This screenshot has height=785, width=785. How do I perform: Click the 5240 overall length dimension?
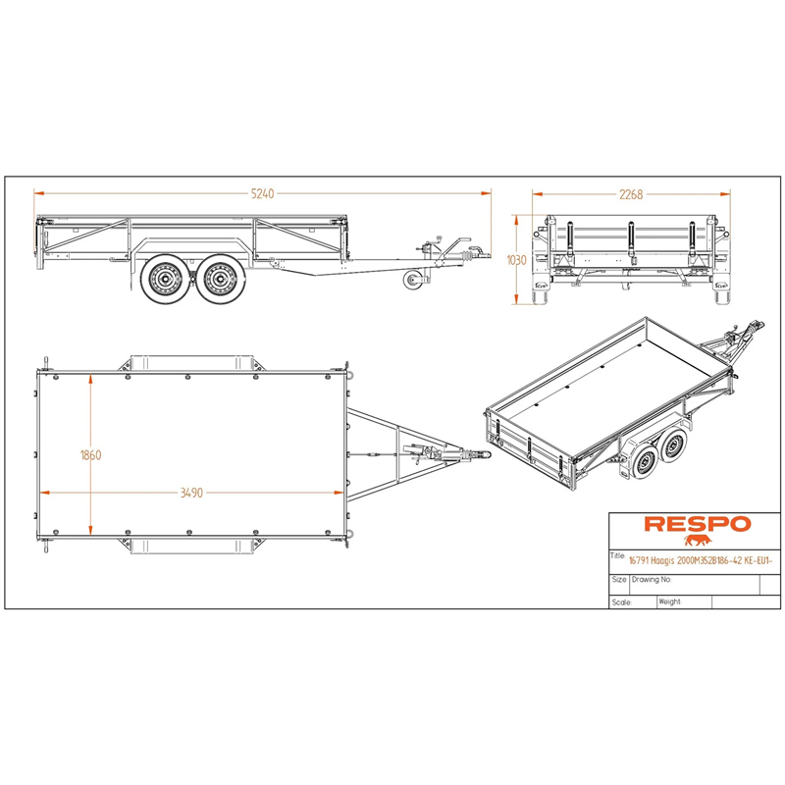click(262, 193)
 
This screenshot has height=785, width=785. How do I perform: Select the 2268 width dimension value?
click(631, 194)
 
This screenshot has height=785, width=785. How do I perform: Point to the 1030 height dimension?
click(517, 260)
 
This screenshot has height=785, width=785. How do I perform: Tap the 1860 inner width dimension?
click(90, 455)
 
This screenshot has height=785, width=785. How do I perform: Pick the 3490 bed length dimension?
click(191, 493)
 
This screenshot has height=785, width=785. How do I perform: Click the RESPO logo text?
click(698, 524)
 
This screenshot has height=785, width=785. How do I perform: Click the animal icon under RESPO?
click(698, 541)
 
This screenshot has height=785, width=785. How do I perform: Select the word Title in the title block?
click(617, 555)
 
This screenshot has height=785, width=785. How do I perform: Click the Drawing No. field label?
click(652, 579)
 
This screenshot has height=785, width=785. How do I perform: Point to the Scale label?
click(621, 602)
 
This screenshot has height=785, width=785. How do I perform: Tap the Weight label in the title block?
click(669, 602)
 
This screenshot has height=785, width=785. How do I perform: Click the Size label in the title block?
click(619, 579)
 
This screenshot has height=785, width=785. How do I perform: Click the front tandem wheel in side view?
click(218, 279)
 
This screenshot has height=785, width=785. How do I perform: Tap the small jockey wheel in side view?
click(412, 280)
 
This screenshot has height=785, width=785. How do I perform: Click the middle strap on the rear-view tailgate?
click(631, 241)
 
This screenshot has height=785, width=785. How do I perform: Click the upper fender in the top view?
click(192, 363)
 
